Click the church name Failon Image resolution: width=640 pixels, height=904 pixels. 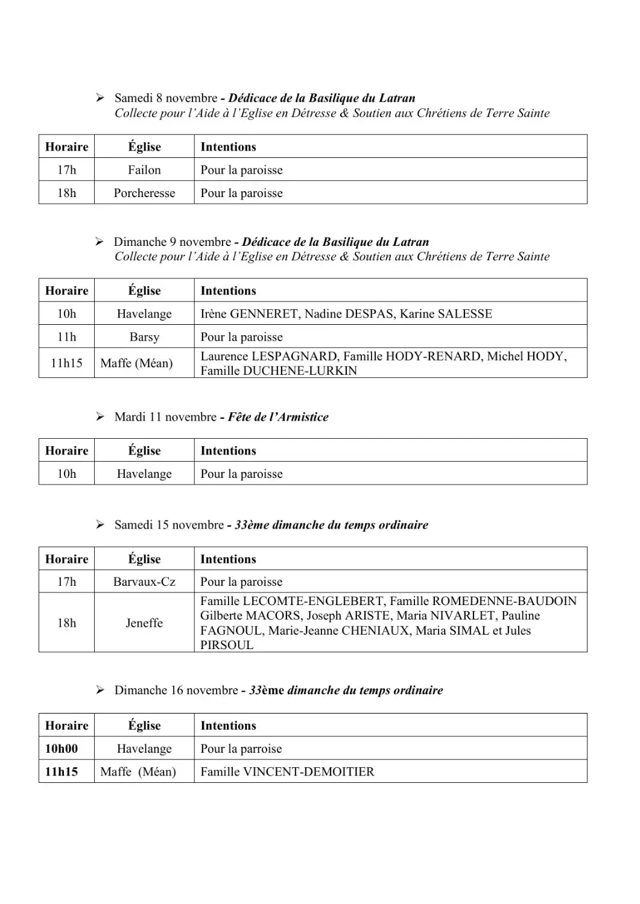point(144,170)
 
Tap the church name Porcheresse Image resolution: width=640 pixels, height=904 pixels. point(144,193)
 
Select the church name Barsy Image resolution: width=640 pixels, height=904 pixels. point(144,337)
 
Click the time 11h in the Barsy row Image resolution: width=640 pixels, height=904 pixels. point(66,337)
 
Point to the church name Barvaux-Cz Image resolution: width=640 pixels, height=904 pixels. point(144,582)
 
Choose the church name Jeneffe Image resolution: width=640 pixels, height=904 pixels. point(144,623)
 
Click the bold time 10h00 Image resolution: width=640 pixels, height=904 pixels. point(62,749)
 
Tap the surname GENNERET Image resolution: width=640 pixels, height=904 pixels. point(264,314)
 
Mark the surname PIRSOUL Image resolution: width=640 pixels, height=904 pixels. point(227,645)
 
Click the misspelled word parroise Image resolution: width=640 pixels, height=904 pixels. point(261,749)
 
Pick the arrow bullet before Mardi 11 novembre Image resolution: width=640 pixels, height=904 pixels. point(100,417)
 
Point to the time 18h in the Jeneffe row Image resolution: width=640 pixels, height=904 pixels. point(66,623)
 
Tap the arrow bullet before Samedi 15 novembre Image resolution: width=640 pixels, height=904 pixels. point(100,525)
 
